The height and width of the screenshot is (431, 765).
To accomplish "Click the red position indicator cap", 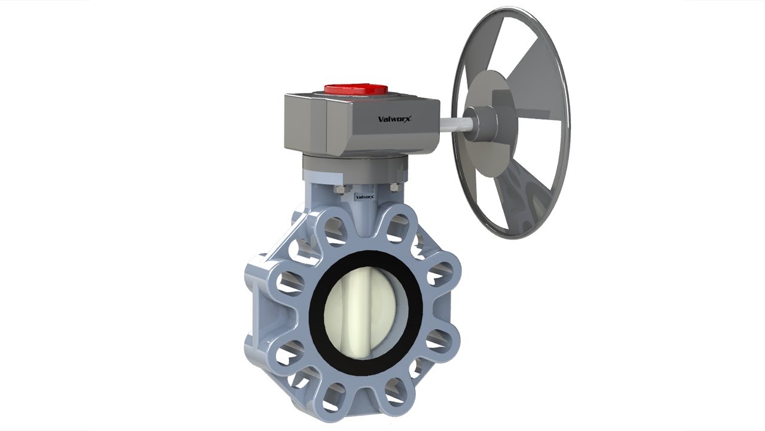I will pos(356,89).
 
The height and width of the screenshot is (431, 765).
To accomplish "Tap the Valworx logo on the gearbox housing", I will pos(396,119).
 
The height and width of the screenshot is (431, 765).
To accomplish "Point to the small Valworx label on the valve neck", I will pos(364,196).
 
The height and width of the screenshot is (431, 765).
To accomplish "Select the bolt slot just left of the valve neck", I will pos(335,231).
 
